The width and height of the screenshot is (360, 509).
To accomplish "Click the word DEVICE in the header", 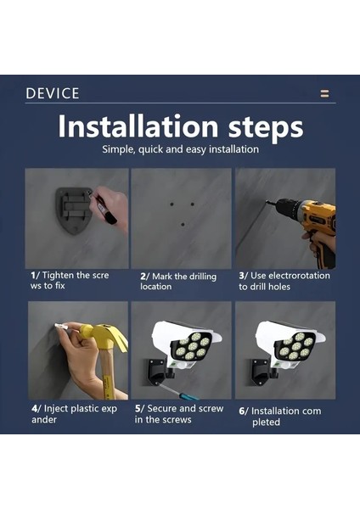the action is click(x=53, y=93).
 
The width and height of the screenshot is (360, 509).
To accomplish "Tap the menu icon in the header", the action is click(x=324, y=93).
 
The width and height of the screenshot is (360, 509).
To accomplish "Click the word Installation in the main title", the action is click(x=138, y=126).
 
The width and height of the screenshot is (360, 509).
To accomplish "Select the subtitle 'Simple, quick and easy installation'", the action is click(x=180, y=149).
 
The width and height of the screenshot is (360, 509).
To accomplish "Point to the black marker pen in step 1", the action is click(x=104, y=208).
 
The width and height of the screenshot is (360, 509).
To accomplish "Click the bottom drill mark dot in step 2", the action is click(x=183, y=224).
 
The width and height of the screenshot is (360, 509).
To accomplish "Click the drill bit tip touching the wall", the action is click(x=267, y=202).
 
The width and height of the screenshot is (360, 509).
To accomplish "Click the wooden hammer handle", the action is click(x=108, y=373).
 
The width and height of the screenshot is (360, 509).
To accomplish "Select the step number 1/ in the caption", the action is click(x=36, y=275).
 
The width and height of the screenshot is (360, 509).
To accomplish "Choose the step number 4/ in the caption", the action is click(x=37, y=408).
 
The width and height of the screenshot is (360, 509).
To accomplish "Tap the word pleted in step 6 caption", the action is click(x=266, y=422).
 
